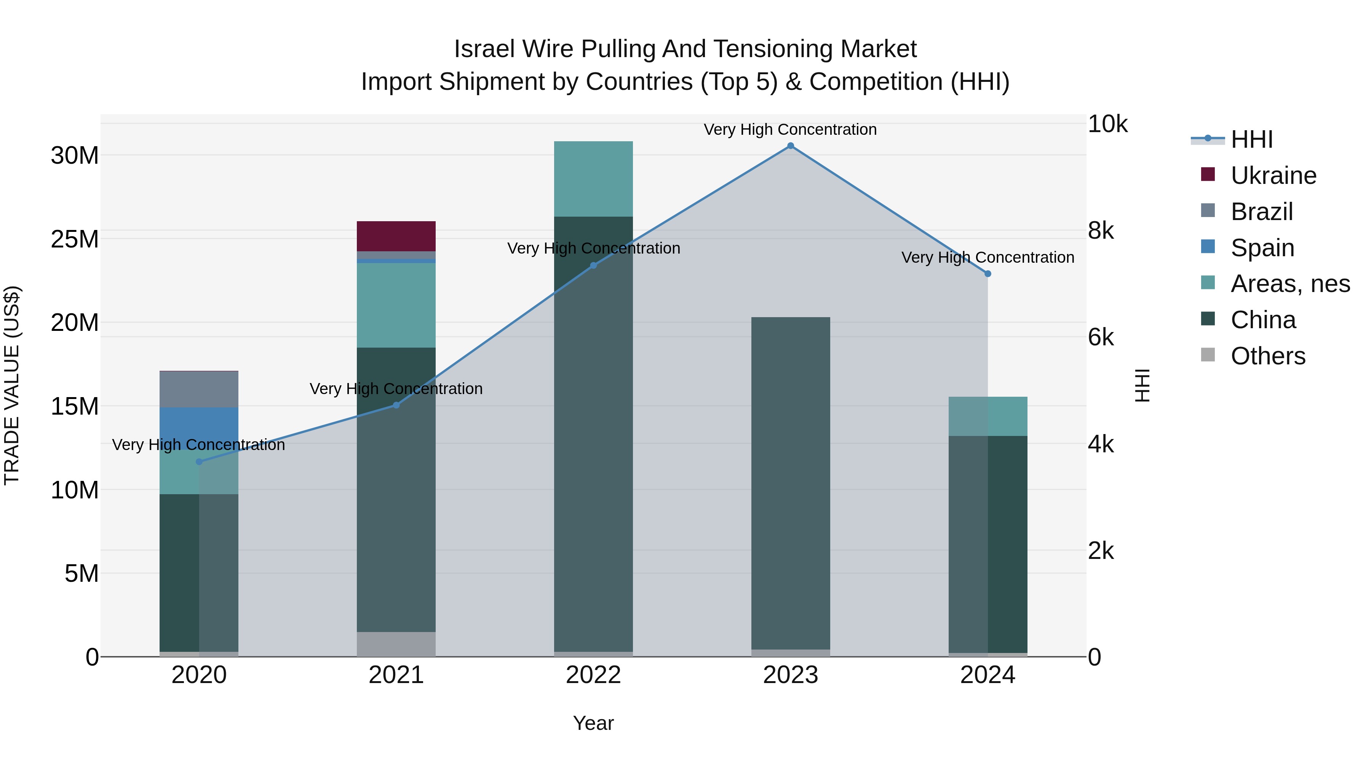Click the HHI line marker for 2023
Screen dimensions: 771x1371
(x=790, y=146)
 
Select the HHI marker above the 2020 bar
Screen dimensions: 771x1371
(x=199, y=461)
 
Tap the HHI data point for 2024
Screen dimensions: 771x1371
(x=988, y=273)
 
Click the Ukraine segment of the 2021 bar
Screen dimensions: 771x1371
(x=396, y=236)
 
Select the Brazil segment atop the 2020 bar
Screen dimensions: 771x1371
(x=199, y=389)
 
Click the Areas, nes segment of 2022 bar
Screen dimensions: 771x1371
(x=593, y=179)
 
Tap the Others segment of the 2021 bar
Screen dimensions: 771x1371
(x=396, y=644)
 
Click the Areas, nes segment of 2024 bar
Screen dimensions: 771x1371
(x=988, y=416)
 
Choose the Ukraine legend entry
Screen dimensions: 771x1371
(x=1273, y=176)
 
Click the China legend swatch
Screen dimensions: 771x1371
(x=1208, y=319)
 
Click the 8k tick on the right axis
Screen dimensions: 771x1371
(x=1101, y=231)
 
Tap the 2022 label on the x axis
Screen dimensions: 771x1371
(x=593, y=675)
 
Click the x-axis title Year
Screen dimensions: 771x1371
(x=593, y=723)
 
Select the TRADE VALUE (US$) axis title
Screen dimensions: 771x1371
(x=12, y=385)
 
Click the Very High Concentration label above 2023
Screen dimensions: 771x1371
(x=790, y=129)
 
